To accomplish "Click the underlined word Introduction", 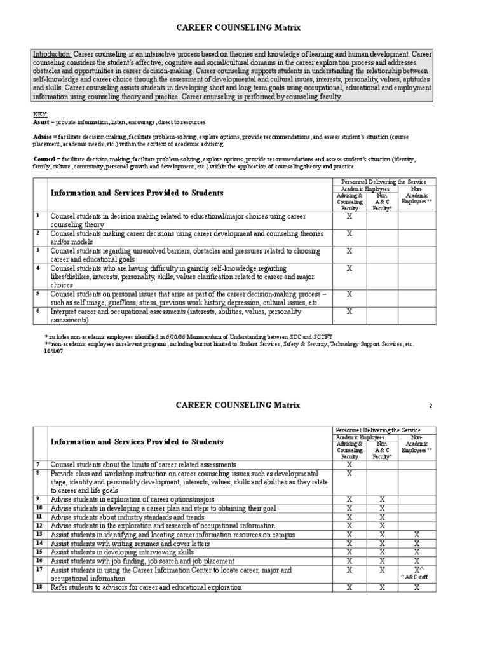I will click(52, 55).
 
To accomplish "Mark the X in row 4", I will click(349, 269).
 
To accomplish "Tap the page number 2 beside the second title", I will click(430, 406).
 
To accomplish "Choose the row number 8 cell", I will click(39, 474).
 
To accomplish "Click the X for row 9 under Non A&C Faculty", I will click(381, 500).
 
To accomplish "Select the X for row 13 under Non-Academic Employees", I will click(417, 535).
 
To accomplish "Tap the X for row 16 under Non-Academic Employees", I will click(417, 562).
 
